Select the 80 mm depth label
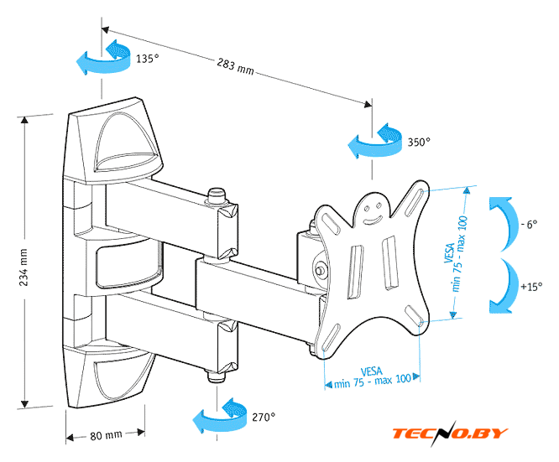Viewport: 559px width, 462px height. pos(107,434)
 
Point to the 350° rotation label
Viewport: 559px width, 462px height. pos(419,142)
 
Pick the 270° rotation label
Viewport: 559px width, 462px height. pos(263,416)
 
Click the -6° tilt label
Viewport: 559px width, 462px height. pos(529,225)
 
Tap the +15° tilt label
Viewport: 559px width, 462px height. pos(530,287)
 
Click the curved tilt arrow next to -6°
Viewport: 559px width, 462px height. pos(500,222)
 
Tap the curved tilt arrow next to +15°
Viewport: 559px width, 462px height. pos(501,286)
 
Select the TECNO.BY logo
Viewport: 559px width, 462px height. pos(451,433)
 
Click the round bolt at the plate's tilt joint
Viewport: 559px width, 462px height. pos(321,270)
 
